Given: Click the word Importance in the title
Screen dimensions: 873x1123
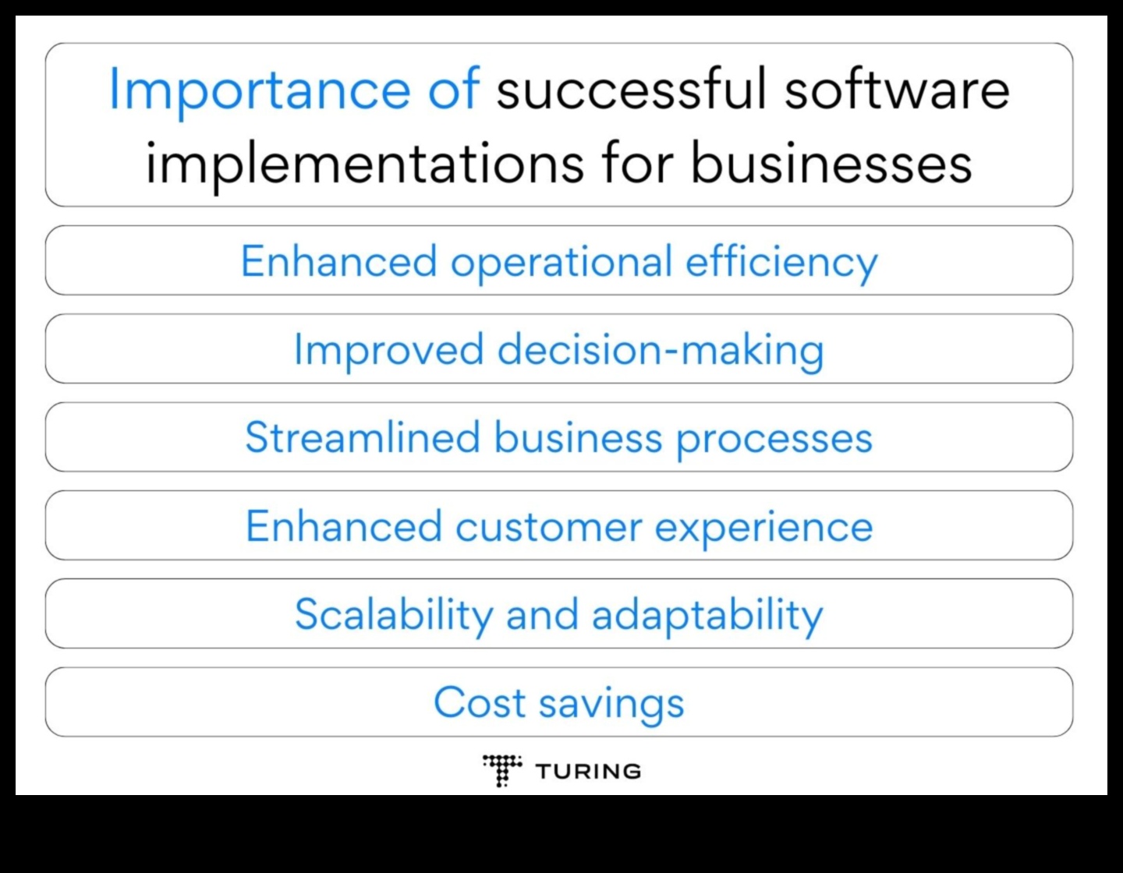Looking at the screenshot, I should click(x=258, y=89).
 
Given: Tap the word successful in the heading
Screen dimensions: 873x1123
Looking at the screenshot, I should click(x=632, y=89).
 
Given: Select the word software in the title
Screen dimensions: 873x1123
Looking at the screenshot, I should click(x=897, y=89).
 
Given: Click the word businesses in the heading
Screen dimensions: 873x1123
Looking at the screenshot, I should click(x=831, y=164).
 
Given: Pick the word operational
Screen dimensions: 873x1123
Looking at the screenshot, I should click(x=561, y=262).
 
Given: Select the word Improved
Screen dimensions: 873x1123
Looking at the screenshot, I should click(x=388, y=349).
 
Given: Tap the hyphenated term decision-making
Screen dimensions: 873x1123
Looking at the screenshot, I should click(x=661, y=349).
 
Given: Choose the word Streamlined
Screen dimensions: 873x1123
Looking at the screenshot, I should click(x=362, y=437).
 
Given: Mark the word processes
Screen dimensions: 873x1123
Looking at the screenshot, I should click(x=774, y=439).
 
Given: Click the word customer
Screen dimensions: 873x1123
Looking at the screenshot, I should click(x=548, y=526).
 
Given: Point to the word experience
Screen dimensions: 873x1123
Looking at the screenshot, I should click(x=763, y=528).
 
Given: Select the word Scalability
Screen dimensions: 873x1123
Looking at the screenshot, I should click(x=393, y=615).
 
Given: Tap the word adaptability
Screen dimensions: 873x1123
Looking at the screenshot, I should click(x=707, y=615).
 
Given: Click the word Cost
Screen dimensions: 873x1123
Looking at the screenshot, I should click(x=479, y=702).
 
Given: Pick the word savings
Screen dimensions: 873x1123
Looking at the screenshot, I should click(x=611, y=704).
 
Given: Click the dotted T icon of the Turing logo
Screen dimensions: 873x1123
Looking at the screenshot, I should click(x=501, y=769).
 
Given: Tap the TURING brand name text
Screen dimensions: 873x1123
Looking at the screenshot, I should click(x=588, y=772).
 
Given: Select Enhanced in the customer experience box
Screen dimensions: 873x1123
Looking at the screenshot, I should click(x=343, y=526).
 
